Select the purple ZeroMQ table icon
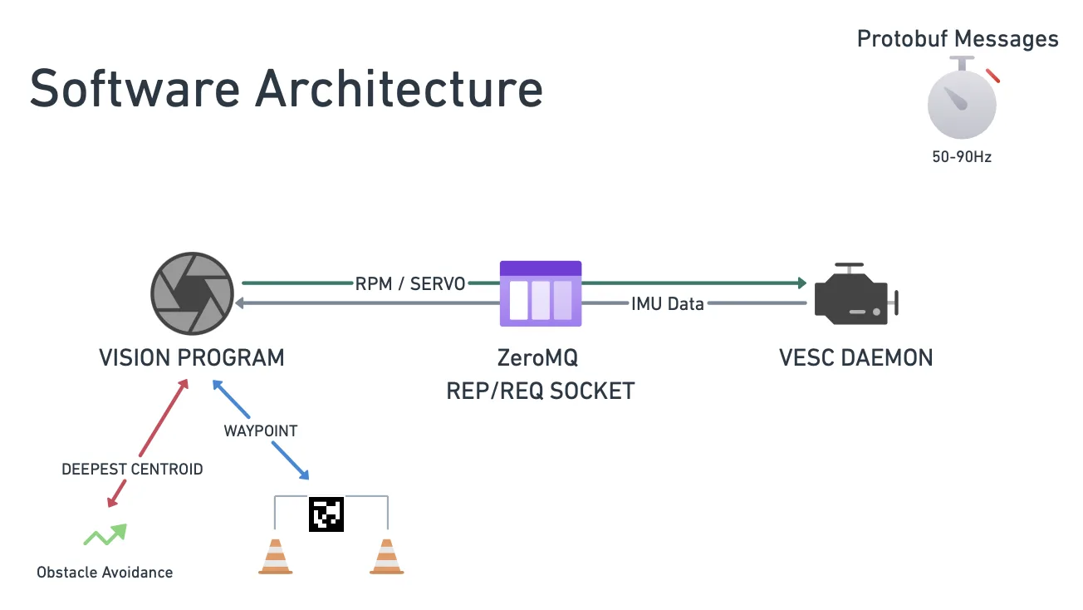541,293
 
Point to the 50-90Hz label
962,156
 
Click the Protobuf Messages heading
958,38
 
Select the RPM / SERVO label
410,283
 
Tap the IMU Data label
667,303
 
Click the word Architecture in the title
399,88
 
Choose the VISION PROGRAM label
192,357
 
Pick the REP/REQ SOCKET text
541,391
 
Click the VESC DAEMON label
855,357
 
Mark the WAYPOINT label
261,430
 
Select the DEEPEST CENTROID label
132,469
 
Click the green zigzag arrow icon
105,534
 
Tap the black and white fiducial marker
326,514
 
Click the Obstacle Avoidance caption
105,572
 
